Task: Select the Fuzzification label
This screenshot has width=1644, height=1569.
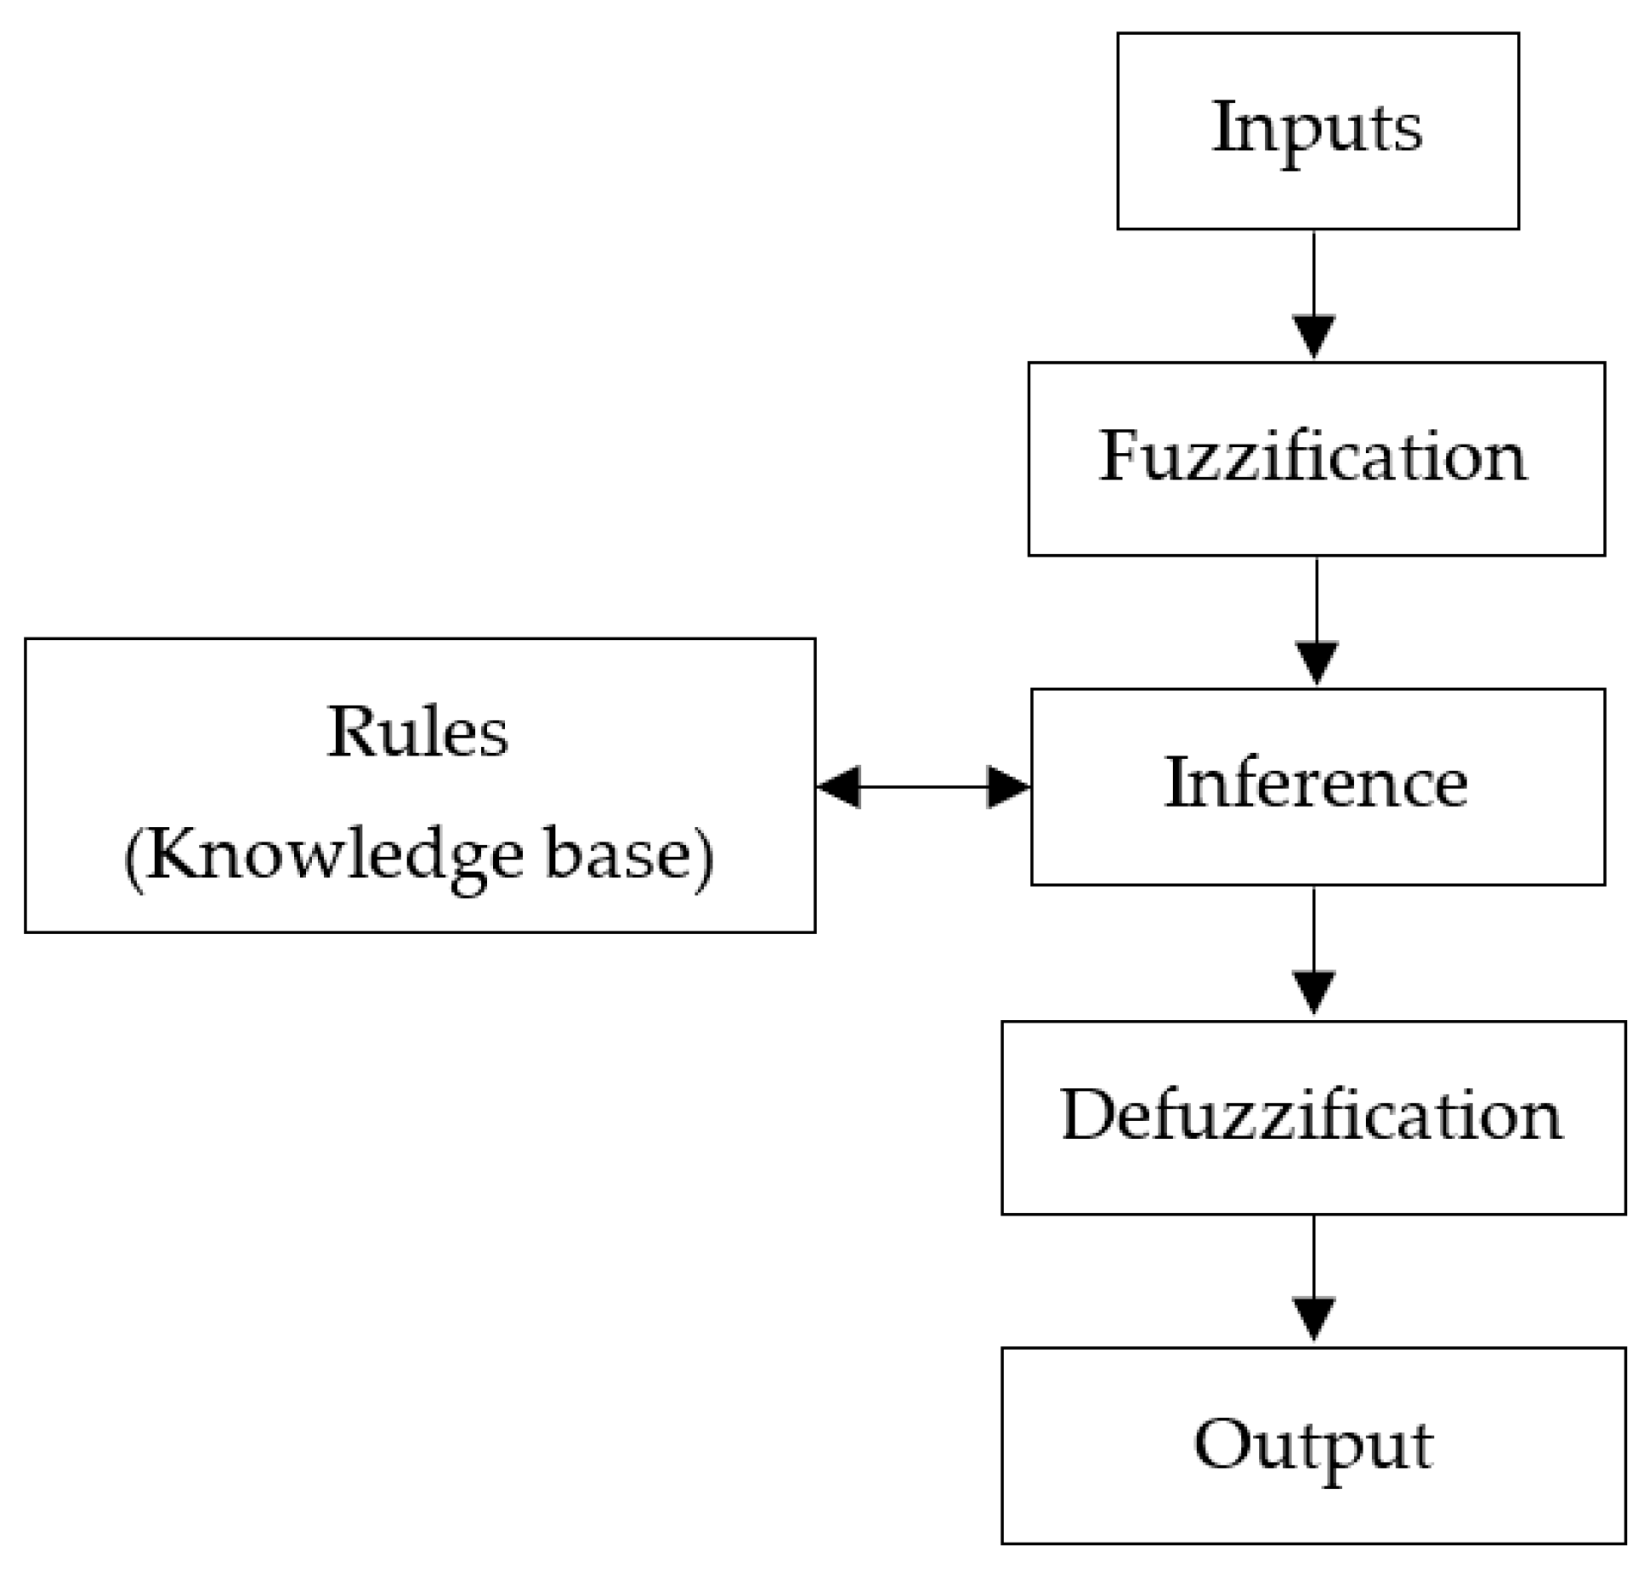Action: [1312, 456]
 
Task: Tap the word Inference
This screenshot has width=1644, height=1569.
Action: [1315, 783]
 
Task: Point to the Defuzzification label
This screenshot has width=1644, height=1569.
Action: [1311, 1115]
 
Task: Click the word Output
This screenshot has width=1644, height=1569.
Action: [1312, 1446]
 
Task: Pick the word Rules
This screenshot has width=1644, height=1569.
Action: [417, 732]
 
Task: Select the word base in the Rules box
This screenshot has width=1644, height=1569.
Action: [617, 854]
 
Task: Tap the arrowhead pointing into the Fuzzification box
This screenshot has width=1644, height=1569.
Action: [1314, 336]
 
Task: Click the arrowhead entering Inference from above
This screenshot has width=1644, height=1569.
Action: [1317, 663]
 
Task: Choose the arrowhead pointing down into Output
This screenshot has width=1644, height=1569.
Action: [1314, 1318]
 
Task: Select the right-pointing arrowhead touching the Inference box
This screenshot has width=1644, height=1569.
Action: [1007, 786]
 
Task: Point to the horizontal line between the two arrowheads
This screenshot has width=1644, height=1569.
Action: [923, 786]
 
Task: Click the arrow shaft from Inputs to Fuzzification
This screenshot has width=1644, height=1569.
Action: [1314, 272]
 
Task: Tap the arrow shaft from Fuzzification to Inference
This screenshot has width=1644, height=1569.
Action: [1317, 599]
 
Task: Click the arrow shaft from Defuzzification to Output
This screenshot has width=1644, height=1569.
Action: [1314, 1255]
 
